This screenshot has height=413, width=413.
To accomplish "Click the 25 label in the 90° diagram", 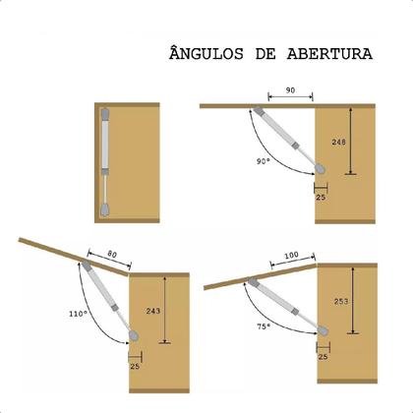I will point(321,197).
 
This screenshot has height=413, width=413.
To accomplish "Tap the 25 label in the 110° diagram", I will point(136,367).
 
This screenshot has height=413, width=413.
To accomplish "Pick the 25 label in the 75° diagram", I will point(322,357).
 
